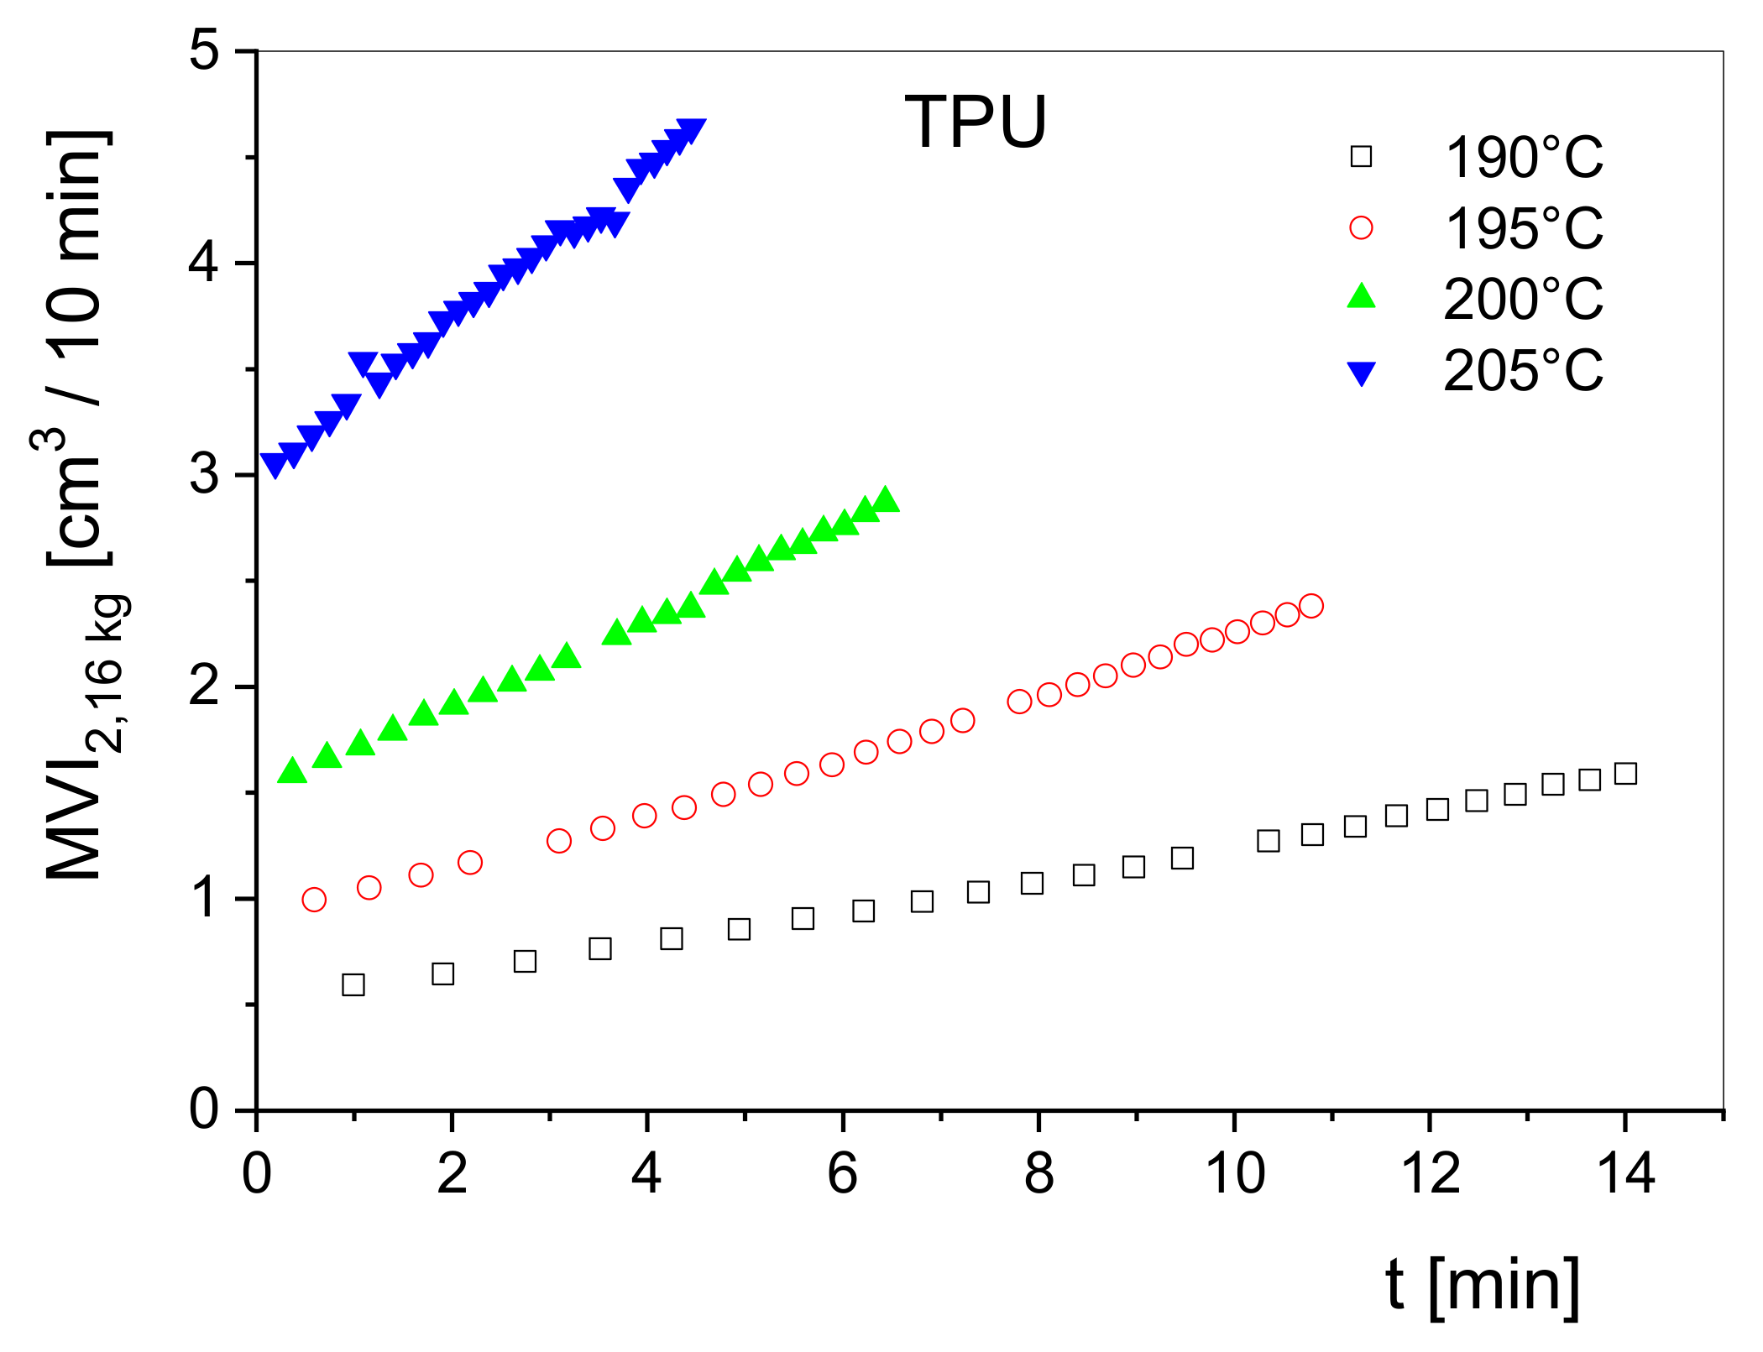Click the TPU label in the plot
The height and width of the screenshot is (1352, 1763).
pyautogui.click(x=976, y=123)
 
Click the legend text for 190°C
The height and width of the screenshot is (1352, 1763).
pyautogui.click(x=1523, y=158)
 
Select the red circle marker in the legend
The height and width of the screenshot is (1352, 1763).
pyautogui.click(x=1361, y=227)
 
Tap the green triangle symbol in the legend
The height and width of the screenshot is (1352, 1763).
pyautogui.click(x=1361, y=297)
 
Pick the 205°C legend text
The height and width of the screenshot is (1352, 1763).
pyautogui.click(x=1523, y=370)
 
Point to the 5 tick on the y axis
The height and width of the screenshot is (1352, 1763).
pyautogui.click(x=204, y=52)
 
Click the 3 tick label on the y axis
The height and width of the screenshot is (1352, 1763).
pyautogui.click(x=204, y=475)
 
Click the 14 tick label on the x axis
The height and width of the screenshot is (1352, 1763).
pyautogui.click(x=1625, y=1173)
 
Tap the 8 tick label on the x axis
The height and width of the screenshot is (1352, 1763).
pyautogui.click(x=1038, y=1173)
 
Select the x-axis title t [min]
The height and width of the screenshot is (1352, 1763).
pyautogui.click(x=1483, y=1285)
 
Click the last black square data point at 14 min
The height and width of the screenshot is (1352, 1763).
pyautogui.click(x=1625, y=774)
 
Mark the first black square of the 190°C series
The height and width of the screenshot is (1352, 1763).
pyautogui.click(x=353, y=984)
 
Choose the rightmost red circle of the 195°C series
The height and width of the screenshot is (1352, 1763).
pyautogui.click(x=1310, y=606)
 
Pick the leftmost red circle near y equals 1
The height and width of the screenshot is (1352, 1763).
pyautogui.click(x=314, y=900)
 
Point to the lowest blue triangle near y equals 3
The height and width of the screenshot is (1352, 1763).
pyautogui.click(x=275, y=464)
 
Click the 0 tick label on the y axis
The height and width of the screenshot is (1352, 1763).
pyautogui.click(x=204, y=1109)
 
